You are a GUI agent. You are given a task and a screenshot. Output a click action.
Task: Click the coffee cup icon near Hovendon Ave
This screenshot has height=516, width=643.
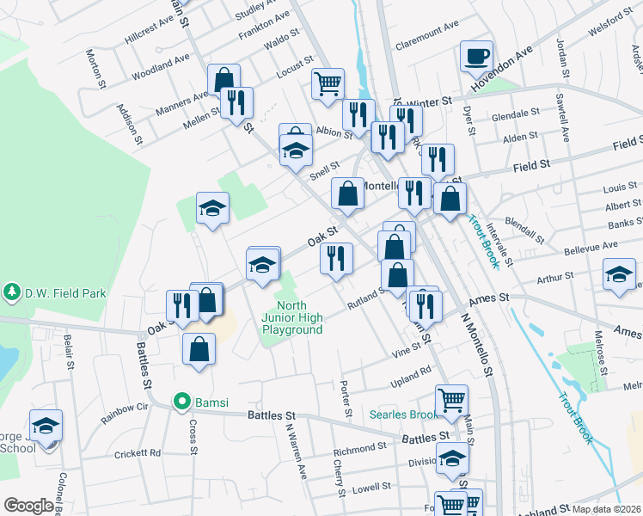click(x=476, y=58)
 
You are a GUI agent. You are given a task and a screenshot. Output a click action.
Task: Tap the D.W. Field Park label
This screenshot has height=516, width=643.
click(x=58, y=293)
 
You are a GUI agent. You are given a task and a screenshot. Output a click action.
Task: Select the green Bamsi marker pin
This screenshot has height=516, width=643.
click(x=181, y=401)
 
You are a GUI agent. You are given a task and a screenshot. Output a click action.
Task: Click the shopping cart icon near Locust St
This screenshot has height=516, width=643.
click(x=327, y=84)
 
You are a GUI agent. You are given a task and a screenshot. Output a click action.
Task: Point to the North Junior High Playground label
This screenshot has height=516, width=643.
click(x=292, y=317)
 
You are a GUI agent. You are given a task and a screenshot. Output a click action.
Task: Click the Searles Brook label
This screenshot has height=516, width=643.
click(x=404, y=415)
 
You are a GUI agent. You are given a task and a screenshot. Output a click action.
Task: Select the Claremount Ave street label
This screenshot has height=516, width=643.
click(x=426, y=37)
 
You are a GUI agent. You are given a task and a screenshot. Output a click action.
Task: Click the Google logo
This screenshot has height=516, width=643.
click(x=28, y=506)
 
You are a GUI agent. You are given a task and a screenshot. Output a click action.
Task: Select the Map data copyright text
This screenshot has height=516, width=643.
click(x=607, y=509)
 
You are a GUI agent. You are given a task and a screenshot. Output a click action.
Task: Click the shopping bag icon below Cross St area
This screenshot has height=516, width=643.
click(x=199, y=349)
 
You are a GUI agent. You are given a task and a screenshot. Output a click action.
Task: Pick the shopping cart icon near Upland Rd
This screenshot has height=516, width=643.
click(x=451, y=400)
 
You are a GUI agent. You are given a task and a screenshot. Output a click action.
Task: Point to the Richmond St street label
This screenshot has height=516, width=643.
click(x=354, y=450)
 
